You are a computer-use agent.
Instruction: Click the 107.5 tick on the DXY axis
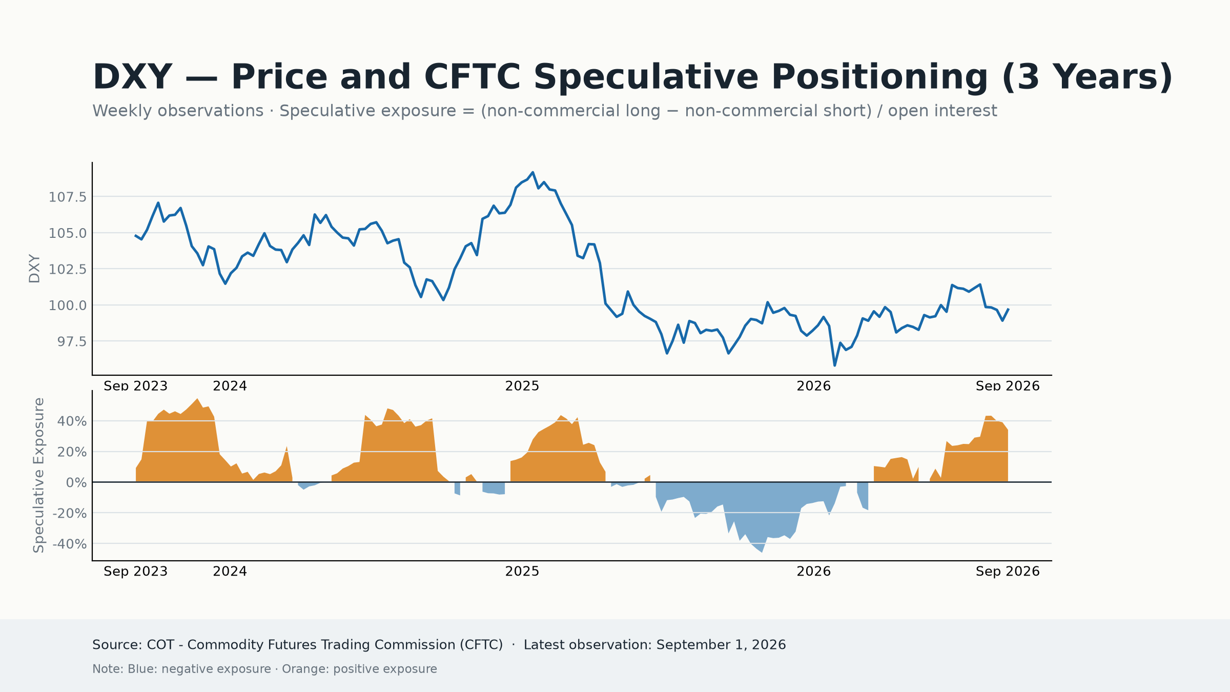[68, 197]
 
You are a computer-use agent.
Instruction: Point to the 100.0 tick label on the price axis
[68, 306]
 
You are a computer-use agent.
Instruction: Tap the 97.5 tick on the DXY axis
[72, 341]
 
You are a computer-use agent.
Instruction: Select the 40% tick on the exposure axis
[72, 421]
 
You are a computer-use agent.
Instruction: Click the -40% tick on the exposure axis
[70, 544]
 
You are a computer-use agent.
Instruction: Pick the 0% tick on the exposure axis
[76, 483]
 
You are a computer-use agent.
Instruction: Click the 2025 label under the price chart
[522, 386]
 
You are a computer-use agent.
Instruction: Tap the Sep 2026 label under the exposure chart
[1008, 572]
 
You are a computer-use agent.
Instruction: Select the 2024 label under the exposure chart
[230, 572]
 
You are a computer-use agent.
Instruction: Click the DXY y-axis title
[34, 269]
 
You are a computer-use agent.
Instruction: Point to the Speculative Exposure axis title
[38, 475]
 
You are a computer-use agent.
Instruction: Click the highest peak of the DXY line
[532, 172]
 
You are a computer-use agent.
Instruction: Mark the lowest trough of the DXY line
[834, 365]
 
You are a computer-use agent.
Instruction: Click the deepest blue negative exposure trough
[762, 552]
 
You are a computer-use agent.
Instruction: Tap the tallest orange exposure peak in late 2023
[197, 398]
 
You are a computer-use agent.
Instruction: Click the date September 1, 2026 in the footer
[721, 645]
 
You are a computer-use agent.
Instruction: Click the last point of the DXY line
[1008, 309]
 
